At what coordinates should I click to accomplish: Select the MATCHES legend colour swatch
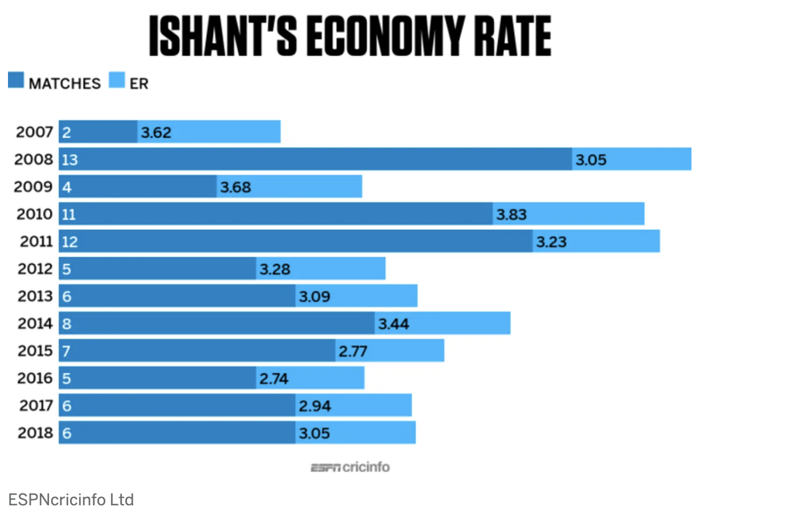coord(16,80)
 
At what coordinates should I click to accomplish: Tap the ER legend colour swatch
coord(117,80)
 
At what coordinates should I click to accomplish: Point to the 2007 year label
coord(34,132)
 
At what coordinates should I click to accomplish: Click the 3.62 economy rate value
coord(156,133)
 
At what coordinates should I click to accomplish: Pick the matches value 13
coord(69,160)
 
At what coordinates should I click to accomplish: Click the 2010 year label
coord(34,214)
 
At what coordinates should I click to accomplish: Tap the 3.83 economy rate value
coord(511,215)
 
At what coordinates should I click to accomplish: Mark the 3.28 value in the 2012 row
coord(275,269)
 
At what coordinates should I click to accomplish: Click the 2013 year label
coord(35,296)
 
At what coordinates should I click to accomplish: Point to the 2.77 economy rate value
coord(353,351)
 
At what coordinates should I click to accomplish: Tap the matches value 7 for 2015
coord(67,351)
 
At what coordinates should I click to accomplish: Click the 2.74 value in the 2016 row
coord(274,378)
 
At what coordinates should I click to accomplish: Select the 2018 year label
coord(35,433)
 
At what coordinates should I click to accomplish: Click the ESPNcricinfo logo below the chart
coord(350,467)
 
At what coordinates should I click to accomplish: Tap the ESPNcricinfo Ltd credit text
coord(71,500)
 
